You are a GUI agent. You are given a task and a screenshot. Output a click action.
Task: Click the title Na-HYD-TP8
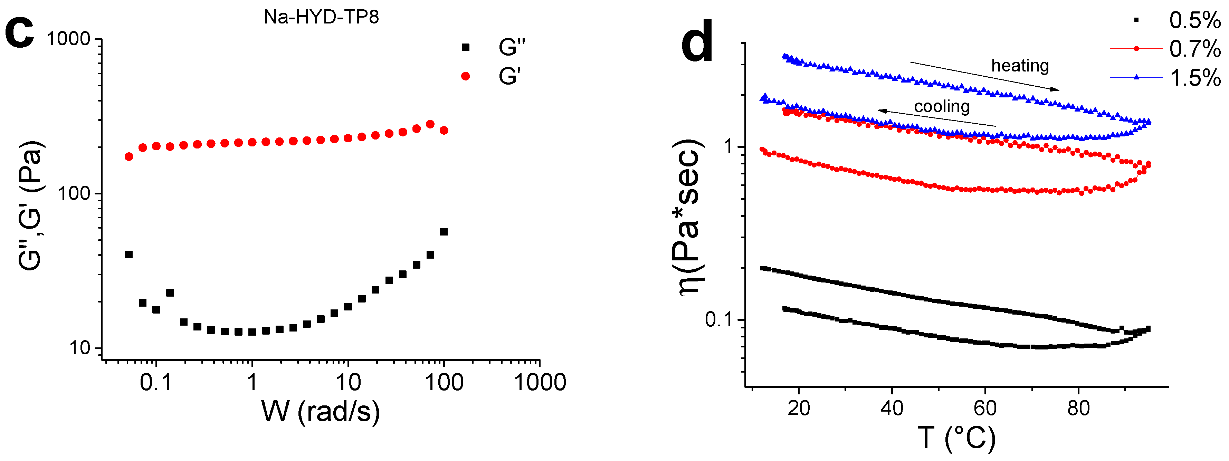321,17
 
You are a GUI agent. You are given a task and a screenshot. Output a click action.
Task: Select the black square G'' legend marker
466,47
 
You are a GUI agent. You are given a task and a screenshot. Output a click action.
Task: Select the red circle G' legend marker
466,76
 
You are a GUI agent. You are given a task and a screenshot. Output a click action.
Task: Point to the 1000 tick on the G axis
69,39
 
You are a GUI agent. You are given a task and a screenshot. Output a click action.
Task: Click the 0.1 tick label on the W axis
155,382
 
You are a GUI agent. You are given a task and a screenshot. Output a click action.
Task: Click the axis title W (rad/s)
321,411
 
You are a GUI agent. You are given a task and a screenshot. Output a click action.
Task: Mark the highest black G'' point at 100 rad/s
444,232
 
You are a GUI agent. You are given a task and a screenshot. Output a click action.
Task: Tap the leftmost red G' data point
129,156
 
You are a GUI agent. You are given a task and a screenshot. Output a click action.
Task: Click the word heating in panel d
1020,65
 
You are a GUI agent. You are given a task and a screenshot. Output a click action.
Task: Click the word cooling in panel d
942,106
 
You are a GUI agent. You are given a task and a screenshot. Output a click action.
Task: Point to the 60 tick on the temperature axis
985,409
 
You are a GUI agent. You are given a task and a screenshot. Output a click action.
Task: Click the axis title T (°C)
956,438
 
